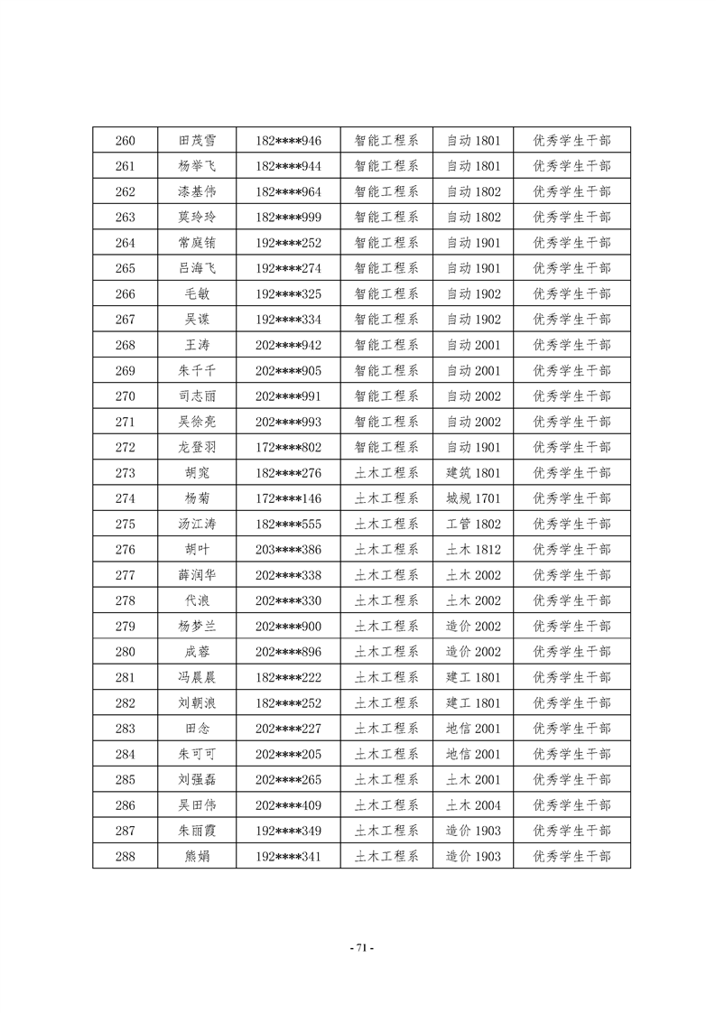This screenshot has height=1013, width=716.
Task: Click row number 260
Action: tap(126, 141)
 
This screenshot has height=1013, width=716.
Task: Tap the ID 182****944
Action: tap(288, 166)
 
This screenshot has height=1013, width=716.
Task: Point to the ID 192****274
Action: tap(288, 268)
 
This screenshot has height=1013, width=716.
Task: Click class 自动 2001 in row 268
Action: tap(473, 345)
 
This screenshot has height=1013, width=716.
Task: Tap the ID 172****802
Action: tap(288, 447)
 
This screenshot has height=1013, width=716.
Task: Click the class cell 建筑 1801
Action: tap(473, 473)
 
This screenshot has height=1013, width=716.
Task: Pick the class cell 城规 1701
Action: tap(473, 498)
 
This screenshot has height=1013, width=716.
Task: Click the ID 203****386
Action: tap(288, 549)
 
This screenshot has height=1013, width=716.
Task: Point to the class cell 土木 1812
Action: tap(473, 549)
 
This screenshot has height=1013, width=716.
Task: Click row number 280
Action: tap(126, 652)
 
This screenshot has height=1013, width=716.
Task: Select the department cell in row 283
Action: tap(386, 729)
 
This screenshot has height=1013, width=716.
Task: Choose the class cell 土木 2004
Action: tap(473, 805)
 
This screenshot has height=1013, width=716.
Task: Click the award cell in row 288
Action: tap(572, 856)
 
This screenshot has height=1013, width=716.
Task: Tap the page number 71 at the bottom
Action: tap(358, 948)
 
